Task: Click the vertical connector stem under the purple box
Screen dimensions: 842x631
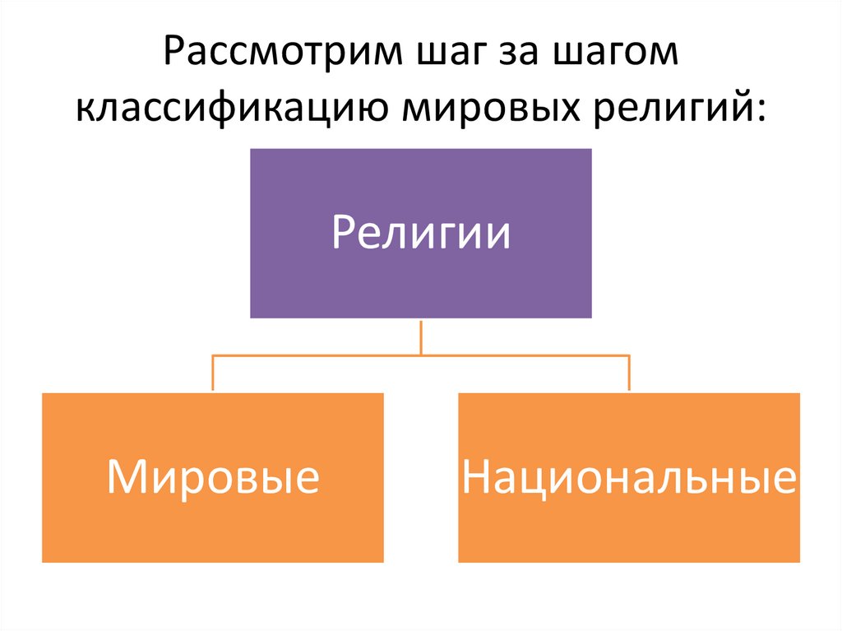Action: click(x=421, y=336)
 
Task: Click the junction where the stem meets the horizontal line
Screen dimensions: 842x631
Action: click(x=421, y=355)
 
